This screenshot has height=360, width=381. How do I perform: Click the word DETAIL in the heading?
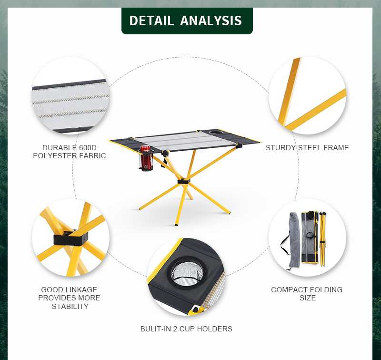pyautogui.click(x=151, y=21)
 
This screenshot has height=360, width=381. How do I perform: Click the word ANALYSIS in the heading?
pyautogui.click(x=211, y=21)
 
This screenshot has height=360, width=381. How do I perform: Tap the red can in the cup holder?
pyautogui.click(x=146, y=158)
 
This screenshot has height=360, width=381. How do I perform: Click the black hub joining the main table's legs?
pyautogui.click(x=184, y=181)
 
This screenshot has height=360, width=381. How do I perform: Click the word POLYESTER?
pyautogui.click(x=55, y=155)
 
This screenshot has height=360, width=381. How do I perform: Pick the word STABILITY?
pyautogui.click(x=70, y=306)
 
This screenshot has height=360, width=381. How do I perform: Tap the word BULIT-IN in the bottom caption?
pyautogui.click(x=156, y=329)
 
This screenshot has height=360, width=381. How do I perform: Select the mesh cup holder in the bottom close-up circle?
pyautogui.click(x=187, y=273)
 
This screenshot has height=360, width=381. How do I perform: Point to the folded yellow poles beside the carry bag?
pyautogui.click(x=323, y=239)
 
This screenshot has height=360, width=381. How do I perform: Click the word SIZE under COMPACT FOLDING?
pyautogui.click(x=308, y=298)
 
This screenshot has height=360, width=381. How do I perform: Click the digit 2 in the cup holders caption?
pyautogui.click(x=175, y=329)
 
